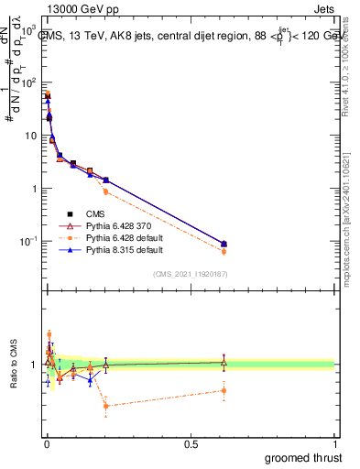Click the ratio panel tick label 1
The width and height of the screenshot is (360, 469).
35,365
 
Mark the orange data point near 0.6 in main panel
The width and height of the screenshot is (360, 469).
224,251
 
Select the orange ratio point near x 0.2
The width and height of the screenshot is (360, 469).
106,405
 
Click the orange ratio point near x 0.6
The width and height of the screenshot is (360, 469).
224,390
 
